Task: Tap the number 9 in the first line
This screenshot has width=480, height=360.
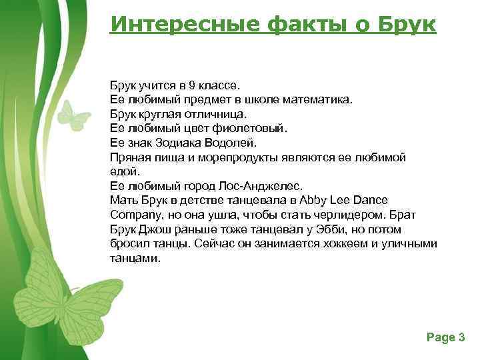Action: pos(191,86)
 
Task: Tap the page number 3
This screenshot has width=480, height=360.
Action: pos(461,337)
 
